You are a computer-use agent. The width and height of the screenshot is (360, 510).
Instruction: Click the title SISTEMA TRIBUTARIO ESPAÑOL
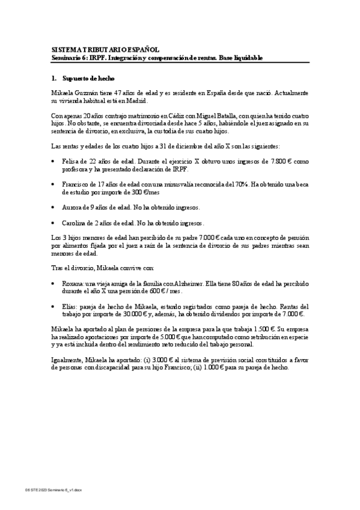pyautogui.click(x=105, y=51)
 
